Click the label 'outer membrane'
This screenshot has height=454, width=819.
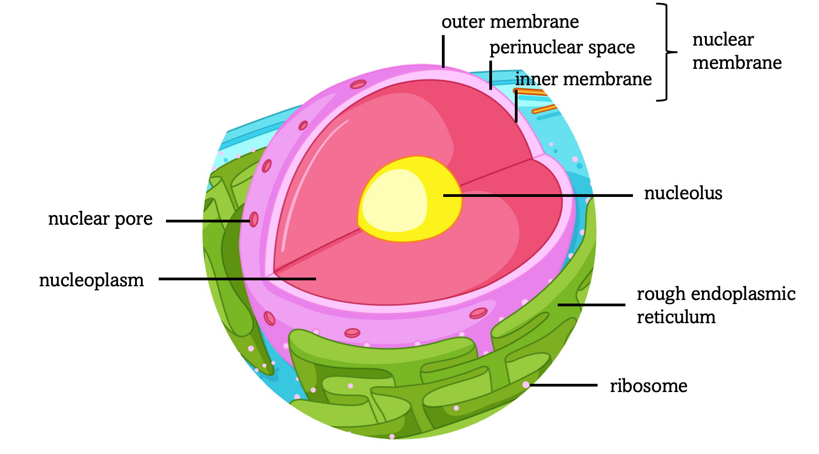pos(510,22)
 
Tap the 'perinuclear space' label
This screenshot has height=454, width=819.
pos(562,47)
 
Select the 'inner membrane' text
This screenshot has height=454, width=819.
pos(583,79)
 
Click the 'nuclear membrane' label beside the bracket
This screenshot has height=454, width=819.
pos(736,51)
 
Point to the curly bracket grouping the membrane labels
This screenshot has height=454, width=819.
pos(666,52)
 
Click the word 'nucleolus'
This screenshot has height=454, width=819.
pos(683,193)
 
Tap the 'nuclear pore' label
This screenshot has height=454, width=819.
pos(100,219)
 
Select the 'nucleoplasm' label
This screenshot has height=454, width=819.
pos(91,280)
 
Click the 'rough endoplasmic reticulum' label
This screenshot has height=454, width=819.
pos(715,305)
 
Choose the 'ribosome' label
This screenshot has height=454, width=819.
pos(648,386)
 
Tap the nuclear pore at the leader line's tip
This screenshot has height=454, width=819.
pos(254,220)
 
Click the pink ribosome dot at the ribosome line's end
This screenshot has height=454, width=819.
pos(526,385)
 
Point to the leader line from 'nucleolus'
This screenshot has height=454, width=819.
pos(538,196)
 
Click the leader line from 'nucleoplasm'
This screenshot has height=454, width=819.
pos(237,279)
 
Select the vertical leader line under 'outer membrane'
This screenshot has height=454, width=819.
pos(443,51)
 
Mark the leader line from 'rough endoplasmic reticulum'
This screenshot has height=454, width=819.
pos(591,304)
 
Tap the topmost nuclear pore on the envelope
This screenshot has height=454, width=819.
pos(358,84)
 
